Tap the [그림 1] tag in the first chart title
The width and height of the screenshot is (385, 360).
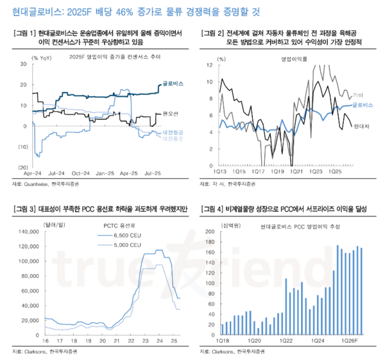pyautogui.click(x=24, y=33)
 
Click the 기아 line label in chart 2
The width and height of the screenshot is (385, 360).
pyautogui.click(x=359, y=94)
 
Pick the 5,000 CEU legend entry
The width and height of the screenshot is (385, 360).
pyautogui.click(x=126, y=245)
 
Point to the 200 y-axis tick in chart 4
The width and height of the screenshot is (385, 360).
pyautogui.click(x=210, y=232)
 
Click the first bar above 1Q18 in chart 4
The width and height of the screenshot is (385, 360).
pyautogui.click(x=221, y=327)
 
